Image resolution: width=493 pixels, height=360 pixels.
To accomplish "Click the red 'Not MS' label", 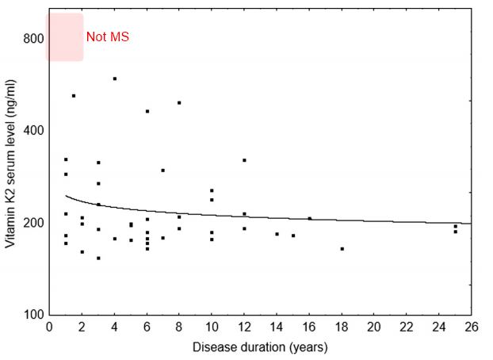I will click(x=107, y=37).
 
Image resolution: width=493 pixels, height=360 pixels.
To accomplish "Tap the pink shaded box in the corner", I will click(x=64, y=36).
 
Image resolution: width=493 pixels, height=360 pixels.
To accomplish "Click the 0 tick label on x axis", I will click(x=49, y=327).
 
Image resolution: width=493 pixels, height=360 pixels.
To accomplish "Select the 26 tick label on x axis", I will click(x=472, y=327).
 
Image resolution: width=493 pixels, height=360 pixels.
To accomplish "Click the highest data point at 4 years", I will click(x=115, y=79).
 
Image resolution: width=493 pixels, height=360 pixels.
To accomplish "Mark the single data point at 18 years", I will click(x=342, y=249).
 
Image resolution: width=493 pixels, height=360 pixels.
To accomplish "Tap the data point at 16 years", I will click(x=310, y=219).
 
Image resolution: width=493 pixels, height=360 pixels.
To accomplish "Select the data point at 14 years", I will click(x=277, y=234).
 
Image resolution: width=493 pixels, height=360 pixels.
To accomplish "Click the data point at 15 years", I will click(x=293, y=236).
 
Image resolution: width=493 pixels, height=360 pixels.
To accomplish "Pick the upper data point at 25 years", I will click(x=456, y=227).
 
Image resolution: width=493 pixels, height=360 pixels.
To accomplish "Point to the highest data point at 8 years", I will click(x=179, y=102).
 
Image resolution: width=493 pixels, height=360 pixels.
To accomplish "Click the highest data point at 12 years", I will click(x=244, y=160).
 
